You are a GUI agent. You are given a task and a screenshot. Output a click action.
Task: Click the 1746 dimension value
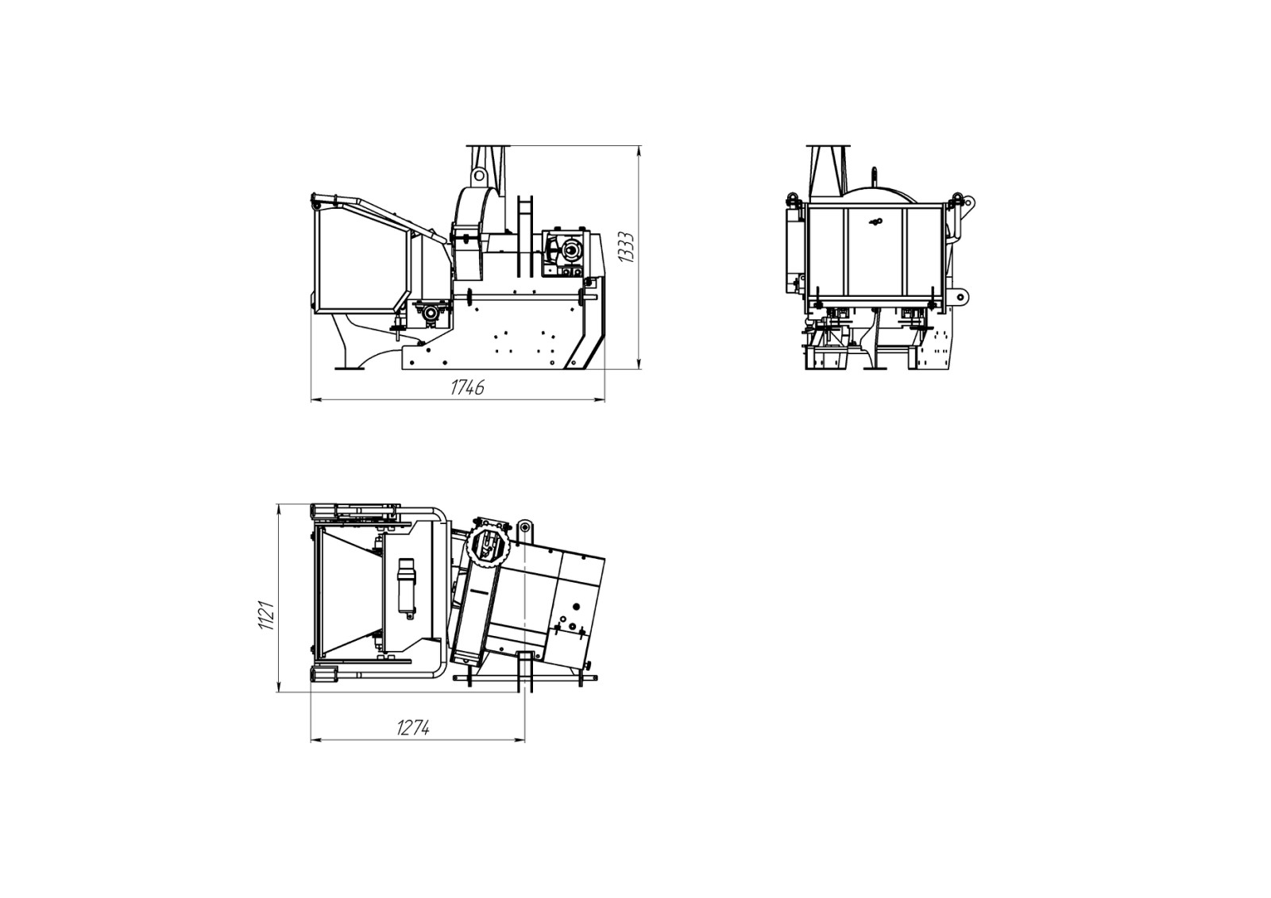pyautogui.click(x=468, y=387)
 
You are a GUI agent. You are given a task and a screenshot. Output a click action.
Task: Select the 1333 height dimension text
pyautogui.click(x=626, y=247)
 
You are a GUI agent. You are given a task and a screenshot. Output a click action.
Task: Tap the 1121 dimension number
pyautogui.click(x=267, y=615)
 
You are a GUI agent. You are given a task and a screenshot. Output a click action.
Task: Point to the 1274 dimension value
pyautogui.click(x=413, y=728)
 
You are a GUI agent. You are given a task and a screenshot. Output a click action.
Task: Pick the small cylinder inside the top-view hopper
pyautogui.click(x=406, y=586)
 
